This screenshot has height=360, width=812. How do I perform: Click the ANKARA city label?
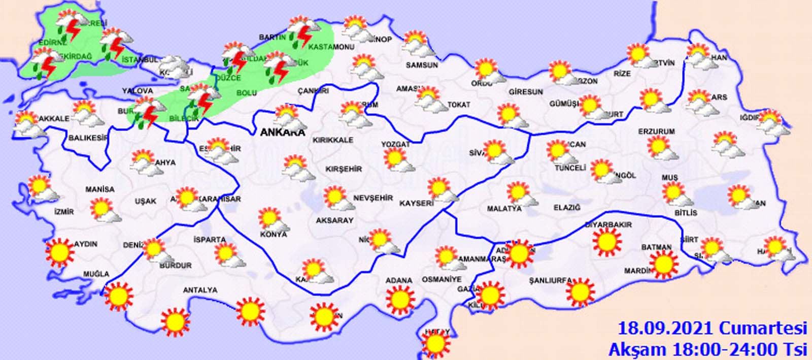point(282,133)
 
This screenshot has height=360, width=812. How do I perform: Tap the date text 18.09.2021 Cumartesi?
point(712,328)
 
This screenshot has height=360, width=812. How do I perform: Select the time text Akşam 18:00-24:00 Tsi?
point(707,349)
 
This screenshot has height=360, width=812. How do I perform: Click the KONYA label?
point(274,234)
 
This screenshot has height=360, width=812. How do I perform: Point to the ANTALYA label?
point(200,290)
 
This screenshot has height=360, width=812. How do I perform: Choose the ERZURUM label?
point(656,132)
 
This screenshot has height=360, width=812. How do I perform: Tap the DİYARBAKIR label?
point(608,224)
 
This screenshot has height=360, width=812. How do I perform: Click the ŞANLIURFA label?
point(550,280)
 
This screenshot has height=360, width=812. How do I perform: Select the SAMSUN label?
point(422,65)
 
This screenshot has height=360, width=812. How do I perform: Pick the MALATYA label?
point(504,209)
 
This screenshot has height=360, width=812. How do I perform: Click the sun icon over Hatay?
point(435,344)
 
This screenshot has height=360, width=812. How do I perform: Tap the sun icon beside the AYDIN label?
point(60,252)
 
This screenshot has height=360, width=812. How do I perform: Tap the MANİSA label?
point(99,189)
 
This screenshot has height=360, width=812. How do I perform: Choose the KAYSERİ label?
point(416,203)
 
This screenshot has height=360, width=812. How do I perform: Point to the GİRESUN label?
point(526,92)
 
